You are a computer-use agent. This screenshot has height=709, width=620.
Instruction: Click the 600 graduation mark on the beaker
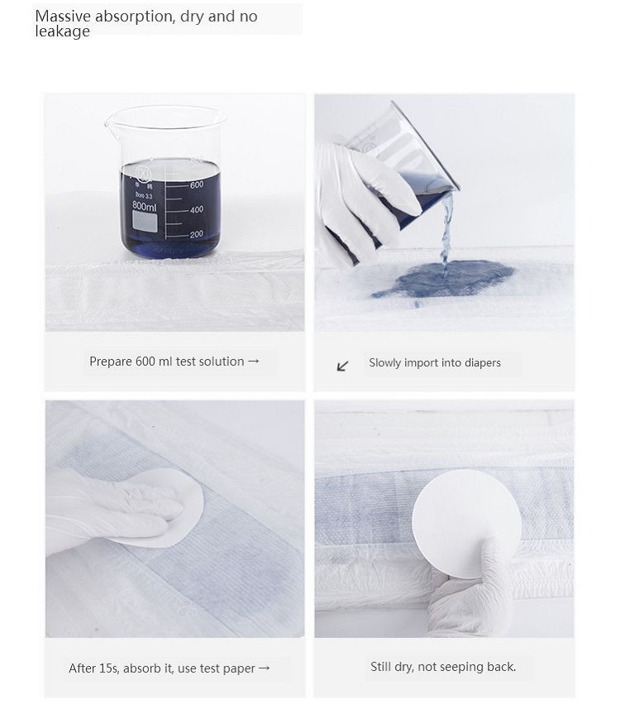coord(197,184)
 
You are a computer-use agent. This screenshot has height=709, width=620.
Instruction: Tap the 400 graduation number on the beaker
coord(197,209)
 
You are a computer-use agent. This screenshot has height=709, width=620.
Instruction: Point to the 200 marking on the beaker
coord(197,234)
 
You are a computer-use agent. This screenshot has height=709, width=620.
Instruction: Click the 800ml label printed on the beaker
coord(145,206)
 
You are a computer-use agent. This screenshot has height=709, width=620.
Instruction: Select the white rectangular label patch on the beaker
coord(145,223)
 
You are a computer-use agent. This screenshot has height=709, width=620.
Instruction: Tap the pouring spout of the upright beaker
coord(109,121)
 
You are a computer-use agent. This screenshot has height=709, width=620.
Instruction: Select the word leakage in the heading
coord(62,31)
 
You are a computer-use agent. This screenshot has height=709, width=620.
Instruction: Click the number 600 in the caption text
coord(145,362)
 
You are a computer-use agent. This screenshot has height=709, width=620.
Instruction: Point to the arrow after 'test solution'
coord(254,361)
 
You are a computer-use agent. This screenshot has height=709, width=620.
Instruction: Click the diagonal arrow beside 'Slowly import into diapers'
coord(343,366)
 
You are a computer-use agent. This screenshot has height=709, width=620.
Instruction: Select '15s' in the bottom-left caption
coord(109,668)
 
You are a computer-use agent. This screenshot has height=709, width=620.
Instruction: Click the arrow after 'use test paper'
coord(265,668)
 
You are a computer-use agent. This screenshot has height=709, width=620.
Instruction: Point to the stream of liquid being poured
coord(446,231)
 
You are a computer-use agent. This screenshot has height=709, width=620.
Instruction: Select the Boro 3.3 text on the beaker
coord(144,195)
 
